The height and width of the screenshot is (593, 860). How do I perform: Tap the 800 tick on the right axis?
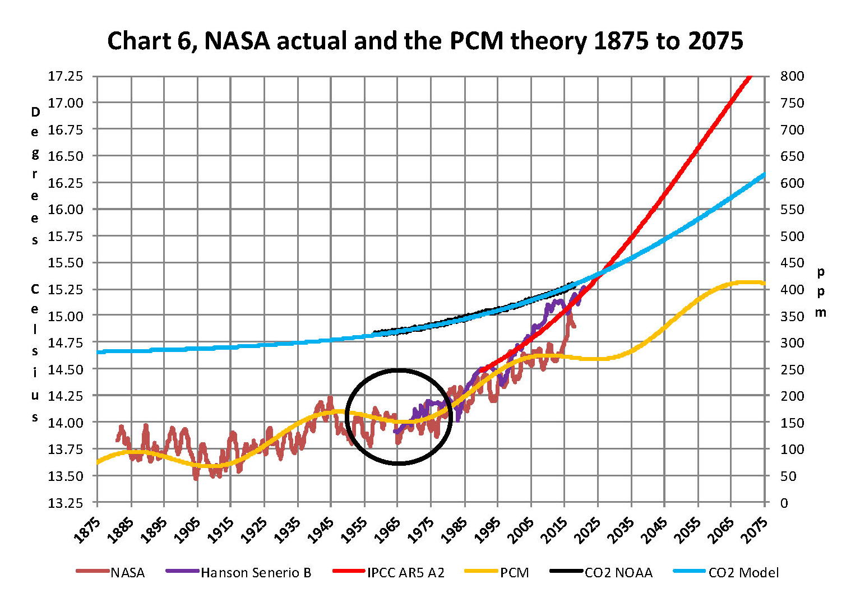(792, 76)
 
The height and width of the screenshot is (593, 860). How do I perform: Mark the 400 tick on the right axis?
(792, 289)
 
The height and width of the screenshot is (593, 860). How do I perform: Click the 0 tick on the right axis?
(784, 503)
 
